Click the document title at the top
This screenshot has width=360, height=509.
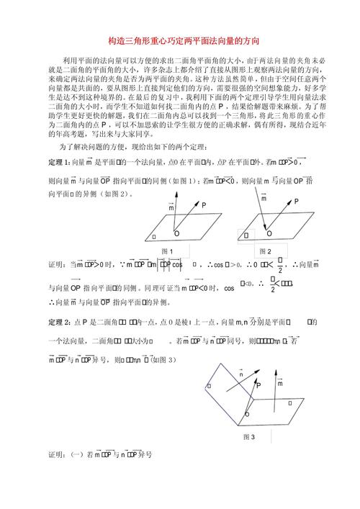click(179, 42)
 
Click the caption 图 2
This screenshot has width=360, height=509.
click(265, 251)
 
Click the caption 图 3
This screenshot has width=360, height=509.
click(249, 436)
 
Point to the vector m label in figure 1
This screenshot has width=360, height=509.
click(171, 207)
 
